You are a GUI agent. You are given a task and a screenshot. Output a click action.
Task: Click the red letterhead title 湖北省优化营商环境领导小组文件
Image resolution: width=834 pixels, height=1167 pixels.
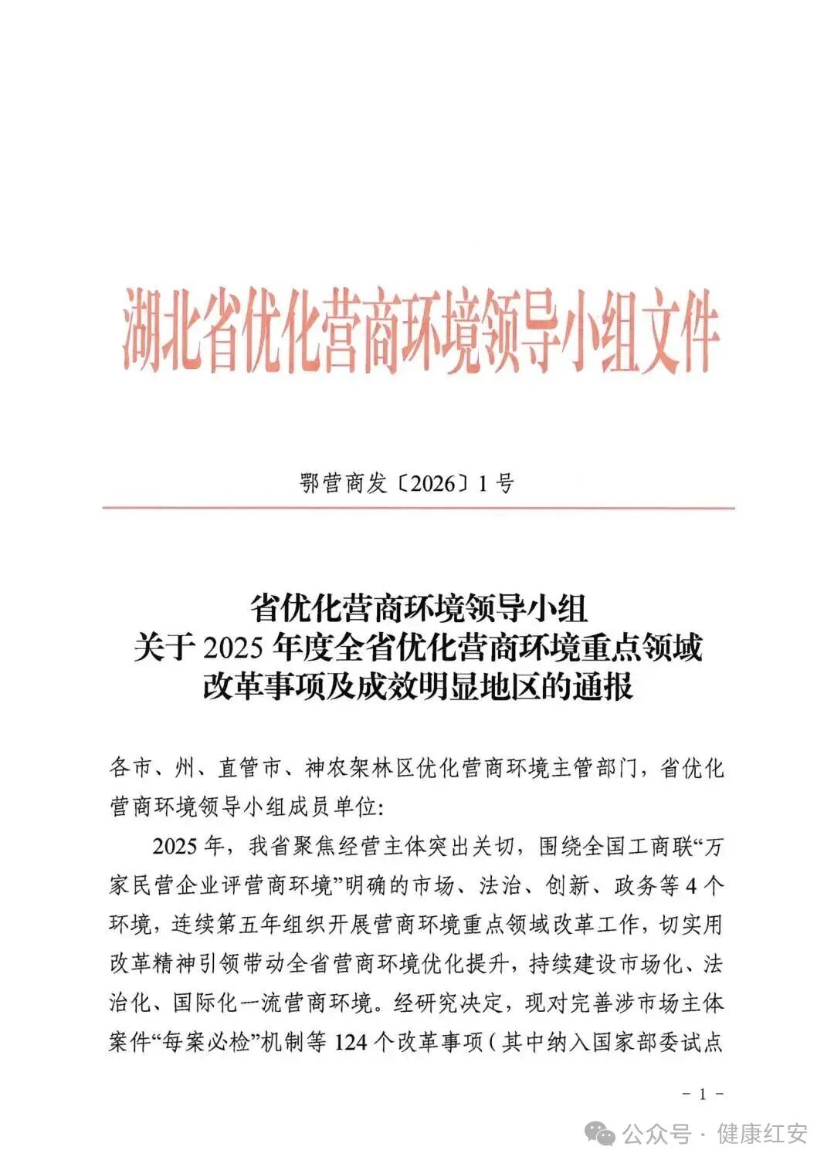[x=421, y=332]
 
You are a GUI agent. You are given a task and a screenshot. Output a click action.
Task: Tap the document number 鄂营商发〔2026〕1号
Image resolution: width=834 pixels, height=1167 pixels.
[x=406, y=484]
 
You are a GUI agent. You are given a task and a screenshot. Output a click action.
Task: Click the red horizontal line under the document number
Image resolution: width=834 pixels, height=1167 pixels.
[x=418, y=508]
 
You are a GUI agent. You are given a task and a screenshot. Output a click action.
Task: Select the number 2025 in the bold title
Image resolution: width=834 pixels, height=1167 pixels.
[x=235, y=648]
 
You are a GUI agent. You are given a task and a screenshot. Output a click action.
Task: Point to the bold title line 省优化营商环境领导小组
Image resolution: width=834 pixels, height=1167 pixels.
[x=418, y=609]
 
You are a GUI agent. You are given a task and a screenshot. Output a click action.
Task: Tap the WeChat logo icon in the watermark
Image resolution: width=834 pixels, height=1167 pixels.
[x=600, y=1134]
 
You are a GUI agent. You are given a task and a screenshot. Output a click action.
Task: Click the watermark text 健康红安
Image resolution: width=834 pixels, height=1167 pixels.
[x=762, y=1134]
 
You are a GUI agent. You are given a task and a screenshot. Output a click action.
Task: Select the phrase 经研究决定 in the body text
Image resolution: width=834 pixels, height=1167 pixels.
[x=449, y=1003]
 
